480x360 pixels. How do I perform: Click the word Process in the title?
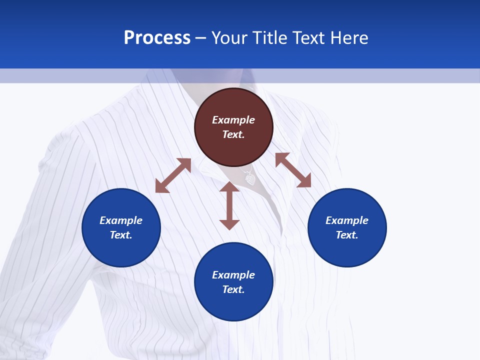(157, 38)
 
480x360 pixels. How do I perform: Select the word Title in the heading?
(270, 38)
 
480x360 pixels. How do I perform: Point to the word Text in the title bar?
(308, 38)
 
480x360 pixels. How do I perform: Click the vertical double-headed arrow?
(229, 205)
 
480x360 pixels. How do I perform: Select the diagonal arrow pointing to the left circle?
(173, 175)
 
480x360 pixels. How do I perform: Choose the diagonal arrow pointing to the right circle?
(293, 170)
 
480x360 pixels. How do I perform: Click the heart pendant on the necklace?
(250, 178)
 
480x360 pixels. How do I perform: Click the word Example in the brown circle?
(233, 120)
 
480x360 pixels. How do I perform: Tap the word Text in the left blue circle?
(121, 235)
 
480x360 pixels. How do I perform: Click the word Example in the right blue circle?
(347, 220)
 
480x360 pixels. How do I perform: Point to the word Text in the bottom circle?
(233, 289)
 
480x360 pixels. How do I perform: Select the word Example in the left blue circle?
(121, 220)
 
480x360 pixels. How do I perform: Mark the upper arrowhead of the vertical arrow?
(229, 187)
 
